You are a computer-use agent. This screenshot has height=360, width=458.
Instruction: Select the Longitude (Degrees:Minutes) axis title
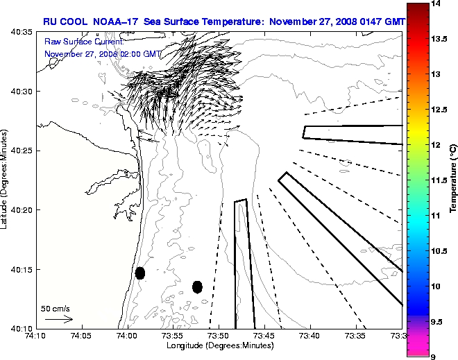click(x=219, y=345)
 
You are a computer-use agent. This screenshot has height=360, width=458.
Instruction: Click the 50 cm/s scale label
click(x=56, y=308)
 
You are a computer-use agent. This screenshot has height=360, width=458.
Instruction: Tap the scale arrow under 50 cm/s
click(x=58, y=319)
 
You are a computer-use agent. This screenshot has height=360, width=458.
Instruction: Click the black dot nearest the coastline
click(x=140, y=273)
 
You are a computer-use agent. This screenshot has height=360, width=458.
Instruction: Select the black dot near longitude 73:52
click(x=197, y=286)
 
